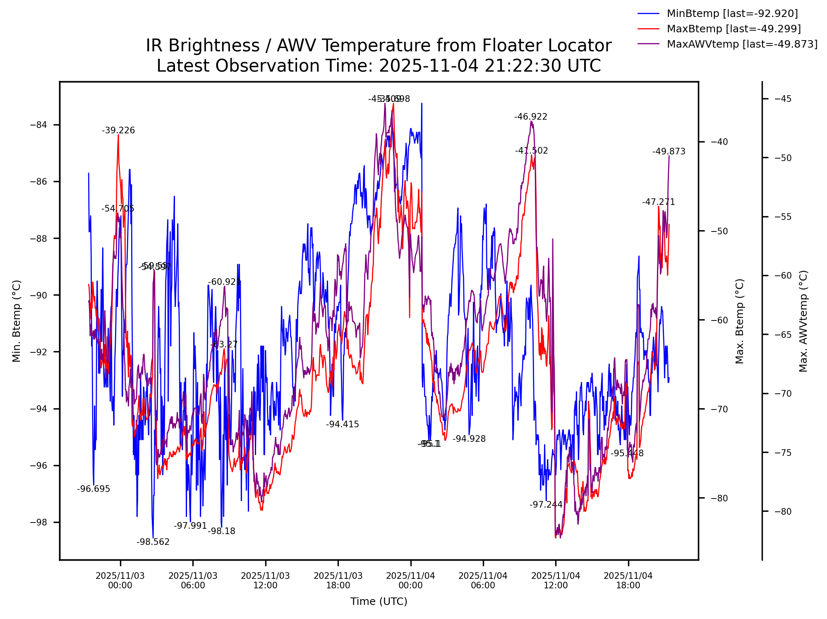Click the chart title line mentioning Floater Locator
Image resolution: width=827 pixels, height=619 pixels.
click(x=379, y=46)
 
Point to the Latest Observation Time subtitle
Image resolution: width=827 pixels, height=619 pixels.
click(x=379, y=66)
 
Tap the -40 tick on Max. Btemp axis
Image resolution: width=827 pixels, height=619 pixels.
click(x=719, y=142)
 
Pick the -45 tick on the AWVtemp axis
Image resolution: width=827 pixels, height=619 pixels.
click(x=783, y=99)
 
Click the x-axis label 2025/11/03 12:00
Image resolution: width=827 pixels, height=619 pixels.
click(x=265, y=580)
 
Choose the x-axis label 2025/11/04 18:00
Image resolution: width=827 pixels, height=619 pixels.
click(x=628, y=580)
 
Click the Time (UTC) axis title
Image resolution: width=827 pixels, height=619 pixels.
click(x=379, y=602)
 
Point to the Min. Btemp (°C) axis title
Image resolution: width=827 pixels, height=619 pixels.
click(x=17, y=321)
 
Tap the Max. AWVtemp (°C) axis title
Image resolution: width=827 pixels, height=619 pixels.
click(x=803, y=321)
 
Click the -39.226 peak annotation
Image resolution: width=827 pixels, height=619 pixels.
click(x=118, y=131)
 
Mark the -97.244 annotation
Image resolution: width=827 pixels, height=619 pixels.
click(x=546, y=505)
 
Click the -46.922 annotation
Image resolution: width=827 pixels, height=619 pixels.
click(x=531, y=117)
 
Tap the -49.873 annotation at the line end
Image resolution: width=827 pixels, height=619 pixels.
click(x=669, y=152)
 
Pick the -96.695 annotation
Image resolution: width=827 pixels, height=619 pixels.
click(x=93, y=489)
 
